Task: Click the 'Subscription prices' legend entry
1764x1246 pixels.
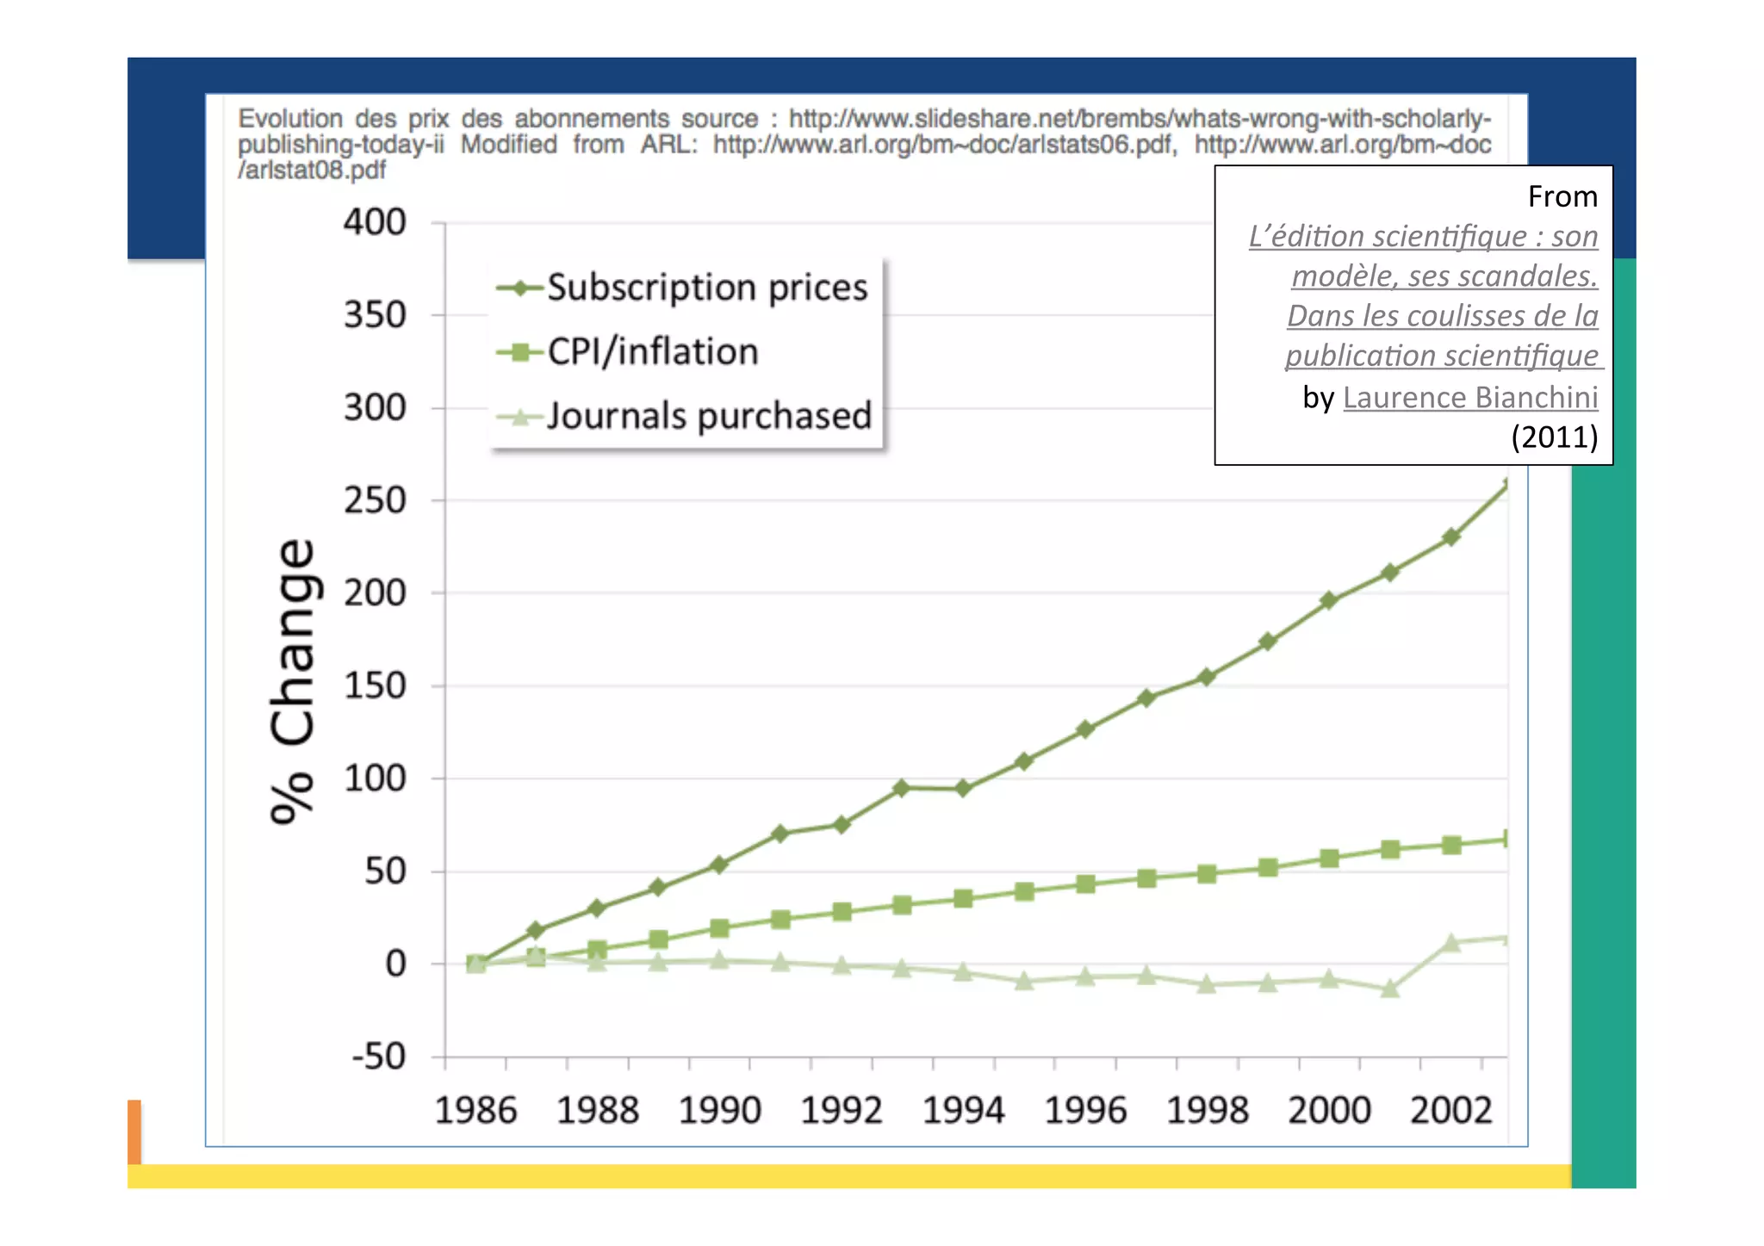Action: [706, 288]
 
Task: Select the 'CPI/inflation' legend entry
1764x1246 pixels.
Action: [652, 351]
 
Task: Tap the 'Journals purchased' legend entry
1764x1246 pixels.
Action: [708, 416]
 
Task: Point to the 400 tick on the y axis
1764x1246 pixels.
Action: [375, 222]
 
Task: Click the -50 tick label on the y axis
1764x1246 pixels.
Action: [378, 1056]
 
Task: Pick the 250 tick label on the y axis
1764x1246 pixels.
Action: [375, 500]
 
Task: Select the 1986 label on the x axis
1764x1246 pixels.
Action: [475, 1110]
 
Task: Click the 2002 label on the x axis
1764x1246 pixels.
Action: [1450, 1110]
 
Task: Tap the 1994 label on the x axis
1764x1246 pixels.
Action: [963, 1110]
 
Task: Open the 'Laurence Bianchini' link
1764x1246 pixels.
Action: [1469, 397]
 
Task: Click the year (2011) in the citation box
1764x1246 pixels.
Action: [1554, 437]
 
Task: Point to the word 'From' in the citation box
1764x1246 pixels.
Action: [1562, 196]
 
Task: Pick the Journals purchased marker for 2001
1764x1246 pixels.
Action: [1390, 989]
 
